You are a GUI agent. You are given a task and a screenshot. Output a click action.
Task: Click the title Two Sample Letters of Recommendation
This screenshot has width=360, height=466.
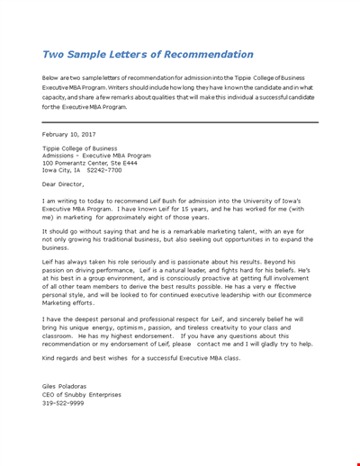point(148,54)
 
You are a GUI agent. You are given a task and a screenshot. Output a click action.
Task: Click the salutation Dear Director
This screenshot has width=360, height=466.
point(67,184)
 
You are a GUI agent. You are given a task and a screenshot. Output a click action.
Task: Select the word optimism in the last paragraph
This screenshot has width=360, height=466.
point(135,327)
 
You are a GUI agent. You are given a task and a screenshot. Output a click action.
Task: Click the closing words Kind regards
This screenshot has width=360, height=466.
point(65,358)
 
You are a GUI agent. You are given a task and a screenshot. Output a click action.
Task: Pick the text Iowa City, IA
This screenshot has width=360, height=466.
point(62,169)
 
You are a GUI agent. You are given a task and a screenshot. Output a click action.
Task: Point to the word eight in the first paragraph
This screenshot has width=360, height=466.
point(160,217)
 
